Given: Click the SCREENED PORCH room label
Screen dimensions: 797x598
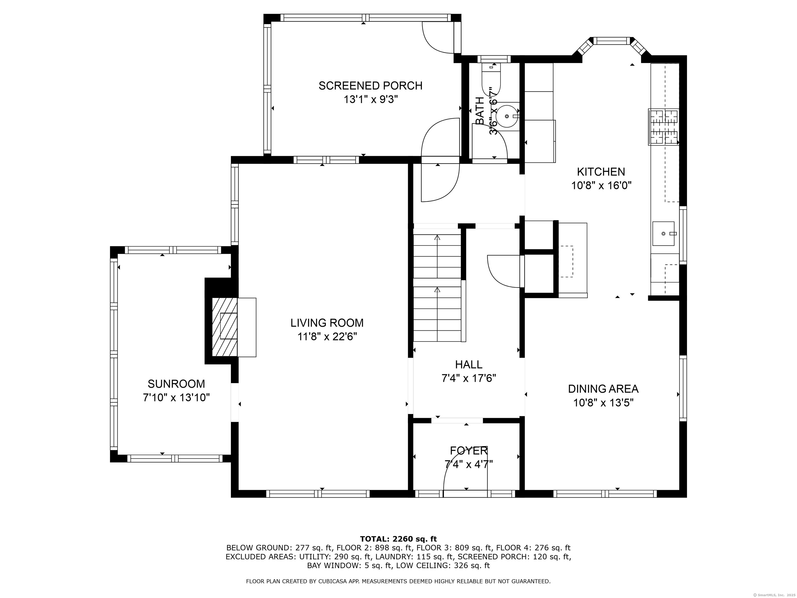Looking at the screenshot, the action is click(x=370, y=86).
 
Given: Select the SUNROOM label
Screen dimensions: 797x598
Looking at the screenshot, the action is click(x=176, y=384).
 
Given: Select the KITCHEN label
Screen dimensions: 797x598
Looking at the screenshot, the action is click(x=601, y=172).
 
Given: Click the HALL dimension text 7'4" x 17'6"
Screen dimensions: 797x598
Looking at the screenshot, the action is click(x=469, y=378).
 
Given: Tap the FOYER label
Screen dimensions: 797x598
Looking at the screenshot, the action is click(x=469, y=451).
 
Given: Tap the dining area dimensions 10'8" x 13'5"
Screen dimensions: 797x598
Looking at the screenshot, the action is click(x=603, y=403).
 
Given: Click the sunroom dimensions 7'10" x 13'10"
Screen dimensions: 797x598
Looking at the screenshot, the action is click(x=176, y=398).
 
